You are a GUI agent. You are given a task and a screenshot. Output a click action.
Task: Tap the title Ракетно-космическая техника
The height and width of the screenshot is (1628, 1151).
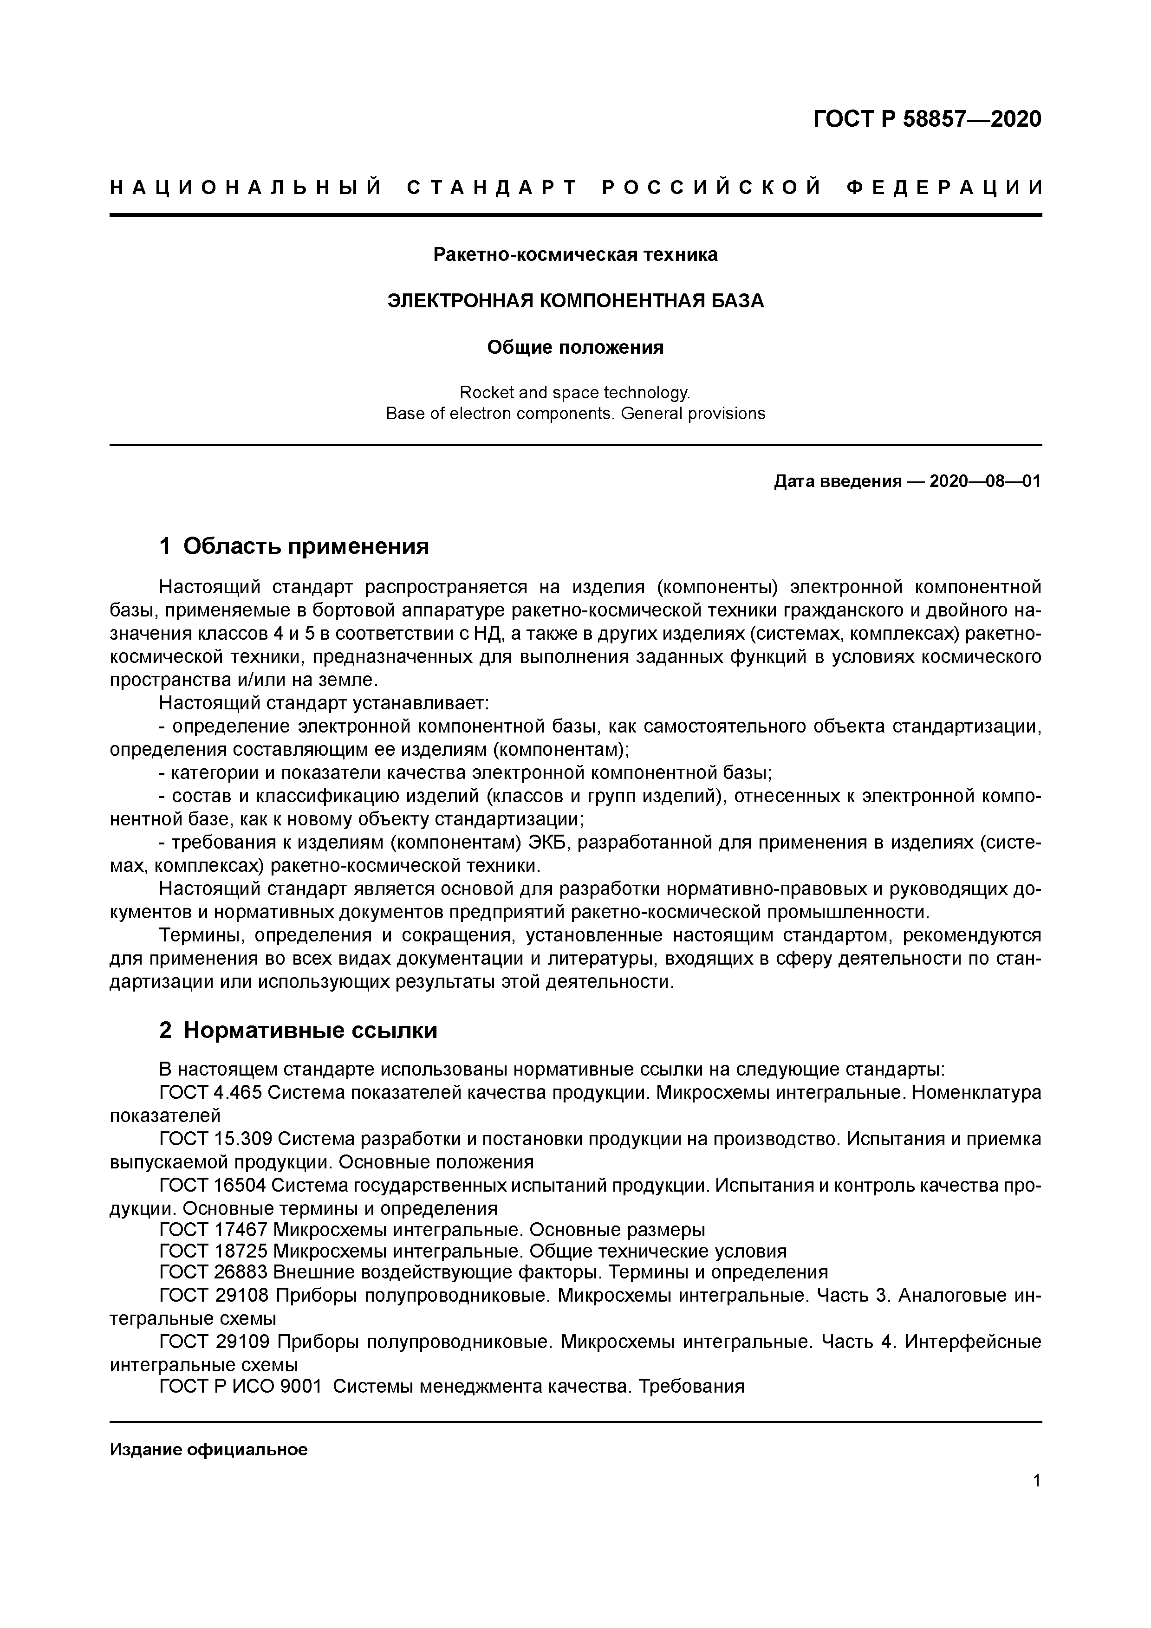tap(575, 254)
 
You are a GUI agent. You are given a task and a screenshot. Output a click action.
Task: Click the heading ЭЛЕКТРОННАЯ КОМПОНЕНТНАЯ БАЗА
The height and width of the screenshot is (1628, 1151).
tap(575, 301)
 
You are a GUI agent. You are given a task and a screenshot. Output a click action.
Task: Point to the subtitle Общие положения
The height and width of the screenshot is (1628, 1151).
tap(575, 347)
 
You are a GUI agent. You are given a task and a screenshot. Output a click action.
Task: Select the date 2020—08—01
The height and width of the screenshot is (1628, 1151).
tap(985, 482)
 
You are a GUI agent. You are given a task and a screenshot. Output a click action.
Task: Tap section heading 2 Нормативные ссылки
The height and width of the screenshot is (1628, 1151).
tap(298, 1031)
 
